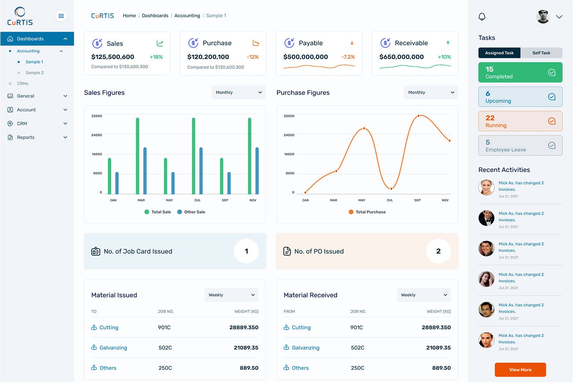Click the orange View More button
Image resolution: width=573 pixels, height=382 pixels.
coord(520,370)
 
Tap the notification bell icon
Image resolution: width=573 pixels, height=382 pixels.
coord(482,16)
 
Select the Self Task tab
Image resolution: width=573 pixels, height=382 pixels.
coord(541,53)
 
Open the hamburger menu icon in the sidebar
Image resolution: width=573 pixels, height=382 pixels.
coord(61,16)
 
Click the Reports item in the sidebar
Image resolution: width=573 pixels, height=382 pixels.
coord(26,138)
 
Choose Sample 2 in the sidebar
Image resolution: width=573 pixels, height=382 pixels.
coord(34,73)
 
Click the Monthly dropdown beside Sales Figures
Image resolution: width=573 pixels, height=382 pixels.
coord(238,92)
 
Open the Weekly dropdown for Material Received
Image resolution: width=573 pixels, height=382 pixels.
coord(424,295)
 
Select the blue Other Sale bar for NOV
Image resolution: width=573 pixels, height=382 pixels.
coord(257,171)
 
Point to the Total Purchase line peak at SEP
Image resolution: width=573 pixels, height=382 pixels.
coord(419,115)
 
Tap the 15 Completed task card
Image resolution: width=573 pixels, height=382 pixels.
coord(520,73)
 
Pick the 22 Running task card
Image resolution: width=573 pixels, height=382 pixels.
coord(520,121)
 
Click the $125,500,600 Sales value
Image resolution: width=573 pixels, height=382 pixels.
coord(113,57)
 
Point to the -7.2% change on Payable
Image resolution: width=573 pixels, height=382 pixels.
coord(348,57)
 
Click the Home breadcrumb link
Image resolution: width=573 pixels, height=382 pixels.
coord(129,16)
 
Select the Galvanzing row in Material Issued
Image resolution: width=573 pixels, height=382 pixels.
coord(113,348)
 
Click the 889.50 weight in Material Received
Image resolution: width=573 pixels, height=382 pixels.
coord(441,368)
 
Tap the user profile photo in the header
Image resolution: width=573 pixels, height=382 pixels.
coord(543,16)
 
